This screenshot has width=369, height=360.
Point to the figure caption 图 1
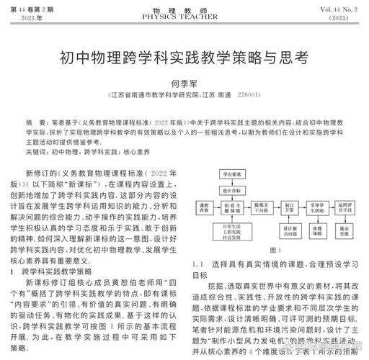275,250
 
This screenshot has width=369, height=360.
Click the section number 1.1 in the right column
201,264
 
